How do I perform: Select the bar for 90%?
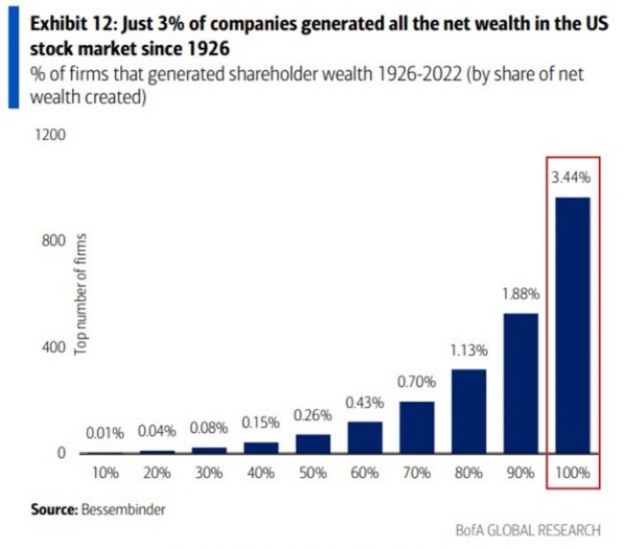click(x=519, y=383)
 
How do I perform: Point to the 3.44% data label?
click(x=571, y=177)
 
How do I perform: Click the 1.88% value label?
click(x=519, y=294)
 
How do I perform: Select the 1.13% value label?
click(x=468, y=349)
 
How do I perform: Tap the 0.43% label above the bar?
click(x=364, y=401)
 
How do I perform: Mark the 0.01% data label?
click(x=106, y=433)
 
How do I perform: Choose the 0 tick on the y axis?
click(x=60, y=453)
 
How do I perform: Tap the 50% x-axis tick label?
click(x=313, y=474)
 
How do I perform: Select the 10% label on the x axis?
click(x=106, y=474)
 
